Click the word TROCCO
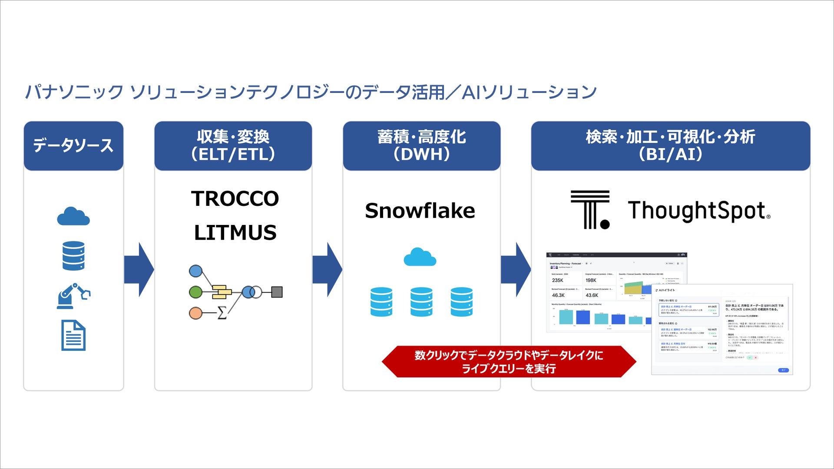tap(235, 199)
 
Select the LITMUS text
tap(235, 233)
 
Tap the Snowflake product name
tap(420, 211)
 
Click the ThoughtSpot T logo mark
tap(589, 210)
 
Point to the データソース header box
tap(73, 145)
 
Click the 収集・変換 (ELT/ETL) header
tap(233, 145)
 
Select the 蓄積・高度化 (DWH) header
tap(421, 145)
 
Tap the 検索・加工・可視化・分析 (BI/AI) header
tap(670, 145)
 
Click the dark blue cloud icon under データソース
tap(73, 216)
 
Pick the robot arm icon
tap(73, 296)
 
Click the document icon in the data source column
tap(73, 335)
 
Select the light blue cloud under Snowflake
tap(420, 257)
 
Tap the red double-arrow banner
tap(509, 362)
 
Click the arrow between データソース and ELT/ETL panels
tap(139, 270)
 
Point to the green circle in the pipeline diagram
tap(196, 292)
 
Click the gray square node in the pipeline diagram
tap(277, 292)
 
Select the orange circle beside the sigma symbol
tap(196, 313)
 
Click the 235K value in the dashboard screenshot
tap(558, 281)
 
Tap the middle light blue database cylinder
tap(421, 302)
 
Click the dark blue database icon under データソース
tap(73, 256)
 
